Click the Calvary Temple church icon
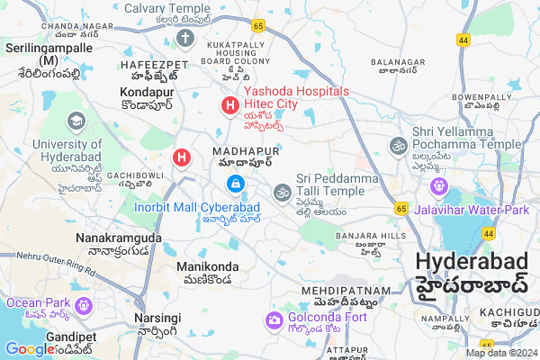pos(185,39)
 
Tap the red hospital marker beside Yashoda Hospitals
pos(229,107)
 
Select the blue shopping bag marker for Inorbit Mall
pos(235,184)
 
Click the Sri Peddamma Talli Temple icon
pos(283,191)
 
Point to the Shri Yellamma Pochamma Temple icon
pos(398,145)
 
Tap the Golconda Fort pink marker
pos(273,319)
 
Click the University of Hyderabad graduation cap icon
pos(76,121)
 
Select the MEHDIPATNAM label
pos(346,291)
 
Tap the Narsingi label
pos(157,318)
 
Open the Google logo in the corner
pos(30,349)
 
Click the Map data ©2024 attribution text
pos(501,353)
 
